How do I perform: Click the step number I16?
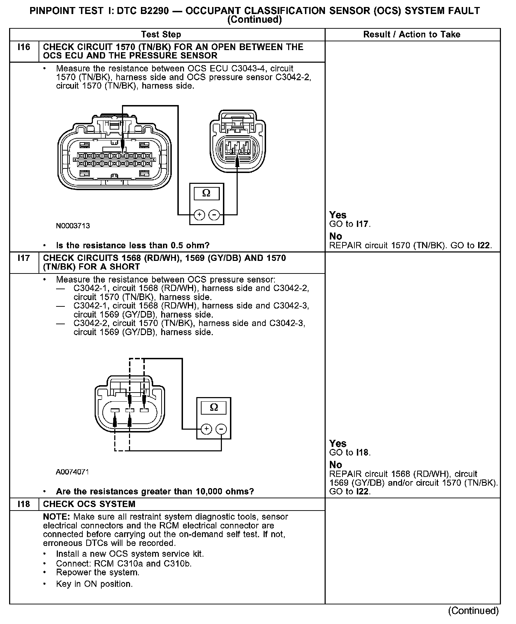pos(23,47)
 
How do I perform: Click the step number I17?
pos(23,258)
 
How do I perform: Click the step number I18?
pos(23,504)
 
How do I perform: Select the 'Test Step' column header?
pos(161,34)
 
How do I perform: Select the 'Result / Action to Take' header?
pos(412,34)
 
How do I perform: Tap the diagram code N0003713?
pos(73,226)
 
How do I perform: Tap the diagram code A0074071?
pos(72,472)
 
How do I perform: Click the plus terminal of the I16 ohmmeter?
pos(199,214)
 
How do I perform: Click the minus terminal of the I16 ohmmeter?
pos(215,214)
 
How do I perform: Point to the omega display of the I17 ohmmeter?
pos(213,408)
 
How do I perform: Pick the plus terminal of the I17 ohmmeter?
pos(206,429)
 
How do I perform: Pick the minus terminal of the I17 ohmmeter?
pos(221,429)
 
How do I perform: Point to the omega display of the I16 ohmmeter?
pos(206,193)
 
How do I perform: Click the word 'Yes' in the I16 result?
pos(338,215)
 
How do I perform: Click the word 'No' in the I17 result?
pos(335,465)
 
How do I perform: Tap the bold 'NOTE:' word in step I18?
pos(57,517)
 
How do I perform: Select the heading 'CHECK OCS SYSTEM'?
pos(89,504)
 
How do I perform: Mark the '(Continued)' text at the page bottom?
pos(473,611)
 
